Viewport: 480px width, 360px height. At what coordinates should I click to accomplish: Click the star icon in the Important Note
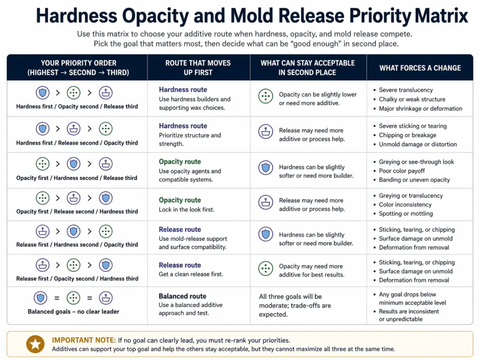tap(34, 345)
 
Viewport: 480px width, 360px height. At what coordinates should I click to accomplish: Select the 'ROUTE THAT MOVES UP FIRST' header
tap(198, 67)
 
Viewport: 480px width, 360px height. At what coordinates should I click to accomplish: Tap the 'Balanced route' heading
tap(182, 296)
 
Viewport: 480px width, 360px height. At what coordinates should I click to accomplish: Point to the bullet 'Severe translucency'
tap(406, 90)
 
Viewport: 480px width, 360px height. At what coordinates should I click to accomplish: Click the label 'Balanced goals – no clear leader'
tap(74, 311)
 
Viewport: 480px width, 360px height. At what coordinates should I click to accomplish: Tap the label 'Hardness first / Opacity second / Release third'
tap(77, 106)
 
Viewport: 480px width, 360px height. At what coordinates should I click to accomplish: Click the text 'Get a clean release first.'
tap(191, 274)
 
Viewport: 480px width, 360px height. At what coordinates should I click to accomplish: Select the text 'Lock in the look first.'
tap(187, 210)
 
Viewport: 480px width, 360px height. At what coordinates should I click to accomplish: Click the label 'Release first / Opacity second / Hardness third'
tap(77, 278)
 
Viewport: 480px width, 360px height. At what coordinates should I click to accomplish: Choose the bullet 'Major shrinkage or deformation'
tap(420, 108)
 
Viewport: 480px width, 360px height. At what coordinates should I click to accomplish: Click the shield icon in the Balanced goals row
tap(41, 298)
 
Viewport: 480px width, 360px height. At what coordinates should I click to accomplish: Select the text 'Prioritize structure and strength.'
tap(189, 140)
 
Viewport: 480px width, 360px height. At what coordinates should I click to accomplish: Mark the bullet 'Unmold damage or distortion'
tap(418, 144)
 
